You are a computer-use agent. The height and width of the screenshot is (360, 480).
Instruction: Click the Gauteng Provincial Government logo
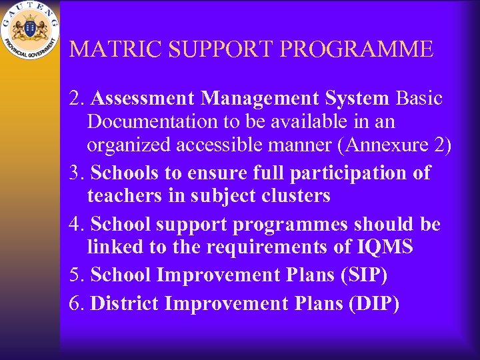click(x=29, y=29)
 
